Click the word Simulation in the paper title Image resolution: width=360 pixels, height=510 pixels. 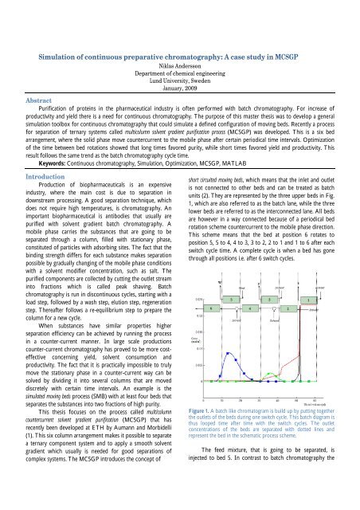pos(65,58)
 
